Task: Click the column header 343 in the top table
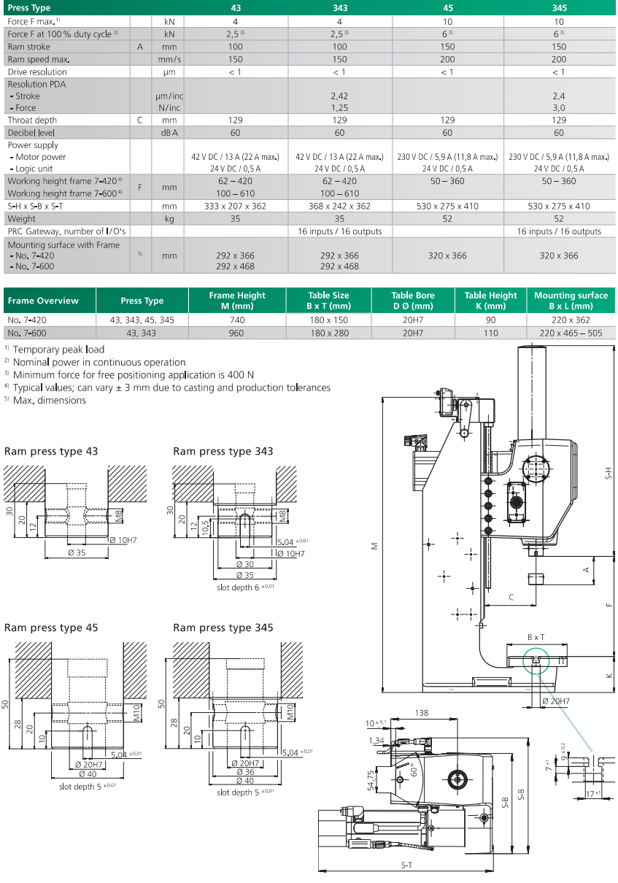point(339,8)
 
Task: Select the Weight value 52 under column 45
point(447,218)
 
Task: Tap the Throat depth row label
point(32,120)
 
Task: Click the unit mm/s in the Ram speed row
point(169,59)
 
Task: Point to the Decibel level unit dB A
point(169,133)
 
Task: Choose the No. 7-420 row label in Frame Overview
point(25,320)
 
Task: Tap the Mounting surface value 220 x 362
point(571,320)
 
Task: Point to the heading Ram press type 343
point(223,451)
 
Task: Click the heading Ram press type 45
point(51,628)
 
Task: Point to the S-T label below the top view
point(406,865)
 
